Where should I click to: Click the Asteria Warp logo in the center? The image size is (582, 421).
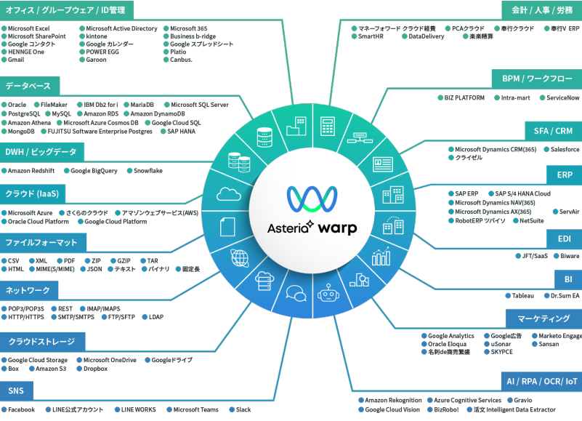pyautogui.click(x=312, y=210)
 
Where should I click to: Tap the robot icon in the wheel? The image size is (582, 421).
pyautogui.click(x=328, y=294)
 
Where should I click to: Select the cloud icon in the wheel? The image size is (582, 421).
pyautogui.click(x=229, y=194)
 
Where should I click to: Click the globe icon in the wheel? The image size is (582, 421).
pyautogui.click(x=240, y=258)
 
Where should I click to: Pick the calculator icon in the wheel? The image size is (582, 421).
pyautogui.click(x=328, y=126)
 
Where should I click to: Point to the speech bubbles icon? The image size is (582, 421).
pyautogui.click(x=296, y=294)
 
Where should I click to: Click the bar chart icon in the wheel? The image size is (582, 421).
pyautogui.click(x=381, y=257)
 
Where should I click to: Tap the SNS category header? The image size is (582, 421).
pyautogui.click(x=16, y=391)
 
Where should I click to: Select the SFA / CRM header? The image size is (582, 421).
pyautogui.click(x=553, y=131)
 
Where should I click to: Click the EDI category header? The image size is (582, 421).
pyautogui.click(x=564, y=239)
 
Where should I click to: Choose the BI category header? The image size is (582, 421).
pyautogui.click(x=568, y=279)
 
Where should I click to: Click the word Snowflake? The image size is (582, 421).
pyautogui.click(x=148, y=171)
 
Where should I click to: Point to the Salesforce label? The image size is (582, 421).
pyautogui.click(x=565, y=149)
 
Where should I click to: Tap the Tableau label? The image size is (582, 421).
pyautogui.click(x=522, y=296)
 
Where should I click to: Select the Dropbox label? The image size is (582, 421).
pyautogui.click(x=95, y=369)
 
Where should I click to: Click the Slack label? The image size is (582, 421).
pyautogui.click(x=243, y=409)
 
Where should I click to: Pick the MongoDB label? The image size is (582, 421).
pyautogui.click(x=21, y=132)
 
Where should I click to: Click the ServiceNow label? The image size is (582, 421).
pyautogui.click(x=562, y=97)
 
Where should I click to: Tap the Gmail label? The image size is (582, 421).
pyautogui.click(x=16, y=60)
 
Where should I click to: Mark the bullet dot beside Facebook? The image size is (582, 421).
pyautogui.click(x=4, y=409)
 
